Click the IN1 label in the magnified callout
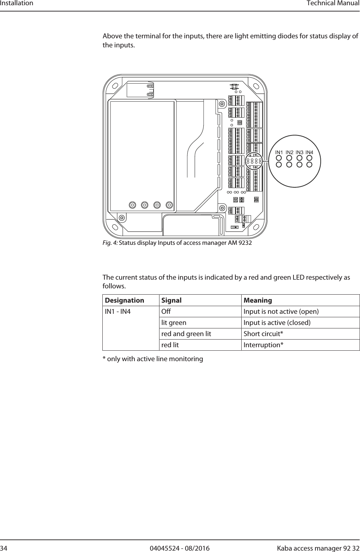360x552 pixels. (x=279, y=153)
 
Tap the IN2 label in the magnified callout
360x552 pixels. (x=289, y=153)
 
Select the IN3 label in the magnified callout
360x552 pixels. (x=299, y=153)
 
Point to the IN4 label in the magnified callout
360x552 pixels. (x=310, y=153)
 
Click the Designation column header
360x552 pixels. (x=125, y=300)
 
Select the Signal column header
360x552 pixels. (x=171, y=300)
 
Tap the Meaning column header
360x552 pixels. (x=258, y=300)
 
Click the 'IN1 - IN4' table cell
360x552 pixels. (x=118, y=311)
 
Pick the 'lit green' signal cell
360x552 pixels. (x=173, y=322)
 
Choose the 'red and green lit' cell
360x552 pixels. (x=186, y=334)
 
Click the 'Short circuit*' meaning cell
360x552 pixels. (x=263, y=334)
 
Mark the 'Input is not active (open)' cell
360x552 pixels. (x=281, y=311)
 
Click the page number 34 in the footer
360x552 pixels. (x=4, y=549)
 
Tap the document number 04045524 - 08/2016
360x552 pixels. (x=180, y=549)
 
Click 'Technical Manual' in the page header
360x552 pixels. (x=333, y=3)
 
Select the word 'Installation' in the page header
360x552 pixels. (x=17, y=3)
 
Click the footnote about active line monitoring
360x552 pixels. (x=153, y=359)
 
